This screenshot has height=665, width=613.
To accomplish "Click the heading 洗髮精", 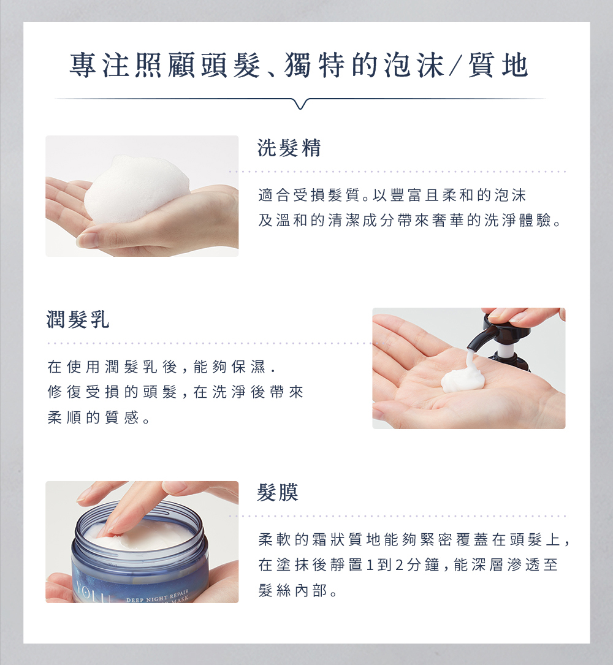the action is tap(289, 148).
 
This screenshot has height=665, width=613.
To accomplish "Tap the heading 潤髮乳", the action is tap(78, 319).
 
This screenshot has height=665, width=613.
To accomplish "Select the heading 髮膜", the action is tap(278, 492).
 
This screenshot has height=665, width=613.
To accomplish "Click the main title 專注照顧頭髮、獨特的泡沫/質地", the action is tap(299, 66).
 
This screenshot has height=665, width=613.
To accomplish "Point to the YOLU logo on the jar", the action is tap(93, 594).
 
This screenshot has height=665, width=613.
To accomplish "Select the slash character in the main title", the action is tap(455, 66).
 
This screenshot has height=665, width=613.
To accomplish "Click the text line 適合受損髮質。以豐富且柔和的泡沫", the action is tap(392, 195).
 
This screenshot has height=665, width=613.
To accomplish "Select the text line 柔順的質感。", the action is tap(99, 418).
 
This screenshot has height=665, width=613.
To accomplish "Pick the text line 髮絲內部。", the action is tap(298, 590).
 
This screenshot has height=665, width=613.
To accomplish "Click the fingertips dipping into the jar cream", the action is tap(110, 526).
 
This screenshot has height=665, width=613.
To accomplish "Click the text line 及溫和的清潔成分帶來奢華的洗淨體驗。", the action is tap(410, 221).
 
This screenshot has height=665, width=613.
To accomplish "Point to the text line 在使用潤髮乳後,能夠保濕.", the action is tap(161, 367).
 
